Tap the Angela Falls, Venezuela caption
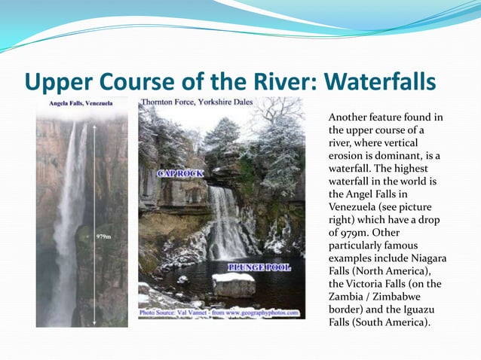coord(81,102)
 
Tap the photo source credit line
coord(219,312)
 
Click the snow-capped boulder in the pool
coord(234,284)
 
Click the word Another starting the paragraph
coord(351,118)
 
